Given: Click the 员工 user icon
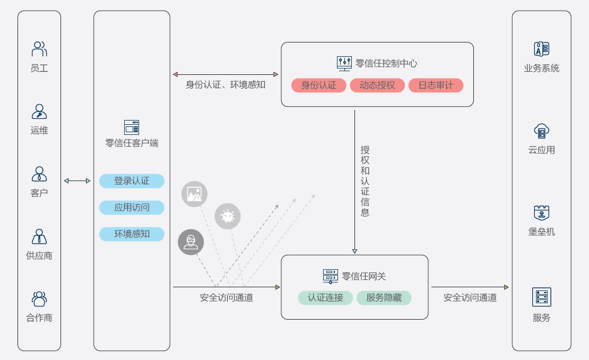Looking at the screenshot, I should pyautogui.click(x=39, y=49).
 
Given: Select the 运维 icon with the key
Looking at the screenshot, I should pyautogui.click(x=39, y=112).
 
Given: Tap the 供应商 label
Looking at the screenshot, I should pyautogui.click(x=39, y=255).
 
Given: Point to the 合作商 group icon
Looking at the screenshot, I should pyautogui.click(x=39, y=299).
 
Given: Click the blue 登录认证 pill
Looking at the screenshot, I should pyautogui.click(x=132, y=181).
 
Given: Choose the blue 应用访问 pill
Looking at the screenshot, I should pyautogui.click(x=132, y=208).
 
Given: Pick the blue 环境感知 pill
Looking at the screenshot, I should pyautogui.click(x=132, y=234).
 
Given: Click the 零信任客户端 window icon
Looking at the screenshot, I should pyautogui.click(x=132, y=127).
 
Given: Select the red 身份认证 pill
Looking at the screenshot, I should pyautogui.click(x=319, y=85).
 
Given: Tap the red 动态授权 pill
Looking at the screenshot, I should pyautogui.click(x=377, y=85).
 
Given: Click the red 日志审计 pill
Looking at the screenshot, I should pyautogui.click(x=436, y=85).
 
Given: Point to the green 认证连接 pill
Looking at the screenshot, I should pyautogui.click(x=325, y=298).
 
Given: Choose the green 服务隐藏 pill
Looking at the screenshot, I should pyautogui.click(x=384, y=298).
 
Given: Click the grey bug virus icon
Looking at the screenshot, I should pyautogui.click(x=228, y=217).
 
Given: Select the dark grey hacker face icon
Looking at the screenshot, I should pyautogui.click(x=190, y=242).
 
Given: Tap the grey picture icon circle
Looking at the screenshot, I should pyautogui.click(x=194, y=194).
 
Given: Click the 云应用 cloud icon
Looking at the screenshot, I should pyautogui.click(x=541, y=131).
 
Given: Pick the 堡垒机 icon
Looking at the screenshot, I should pyautogui.click(x=541, y=213).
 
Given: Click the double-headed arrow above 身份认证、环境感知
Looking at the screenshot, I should pyautogui.click(x=226, y=74).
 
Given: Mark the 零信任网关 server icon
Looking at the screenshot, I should pyautogui.click(x=331, y=276).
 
